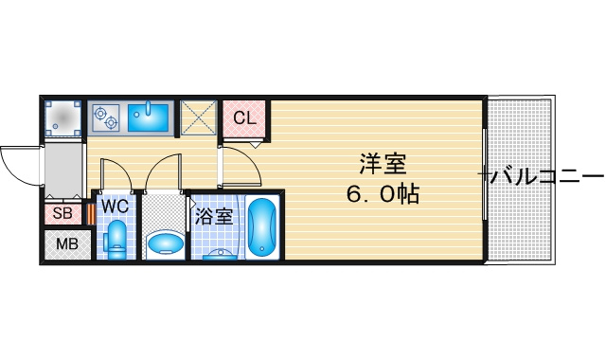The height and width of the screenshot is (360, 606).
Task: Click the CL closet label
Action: pos(244,117)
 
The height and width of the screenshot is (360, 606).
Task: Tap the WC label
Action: pos(116,207)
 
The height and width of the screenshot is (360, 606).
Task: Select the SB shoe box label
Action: pos(62,213)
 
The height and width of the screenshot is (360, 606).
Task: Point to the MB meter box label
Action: pos(67,244)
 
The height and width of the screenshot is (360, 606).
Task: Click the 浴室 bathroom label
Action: pos(214,217)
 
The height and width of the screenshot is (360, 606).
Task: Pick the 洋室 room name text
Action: pos(383,164)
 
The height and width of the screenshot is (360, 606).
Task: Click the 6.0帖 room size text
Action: pos(383,194)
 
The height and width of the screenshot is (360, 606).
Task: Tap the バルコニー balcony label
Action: pos(543,177)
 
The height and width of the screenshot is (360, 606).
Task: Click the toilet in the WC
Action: pos(116,240)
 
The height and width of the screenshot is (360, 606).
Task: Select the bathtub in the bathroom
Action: pos(262,227)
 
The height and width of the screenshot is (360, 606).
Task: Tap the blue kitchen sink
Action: pos(149,116)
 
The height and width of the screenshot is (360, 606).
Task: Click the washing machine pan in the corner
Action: pos(62,118)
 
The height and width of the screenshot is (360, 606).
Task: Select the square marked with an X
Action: pos(198,117)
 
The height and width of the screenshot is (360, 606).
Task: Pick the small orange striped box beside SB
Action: pos(91,214)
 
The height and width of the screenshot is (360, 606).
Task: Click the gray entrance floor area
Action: pos(63,171)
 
